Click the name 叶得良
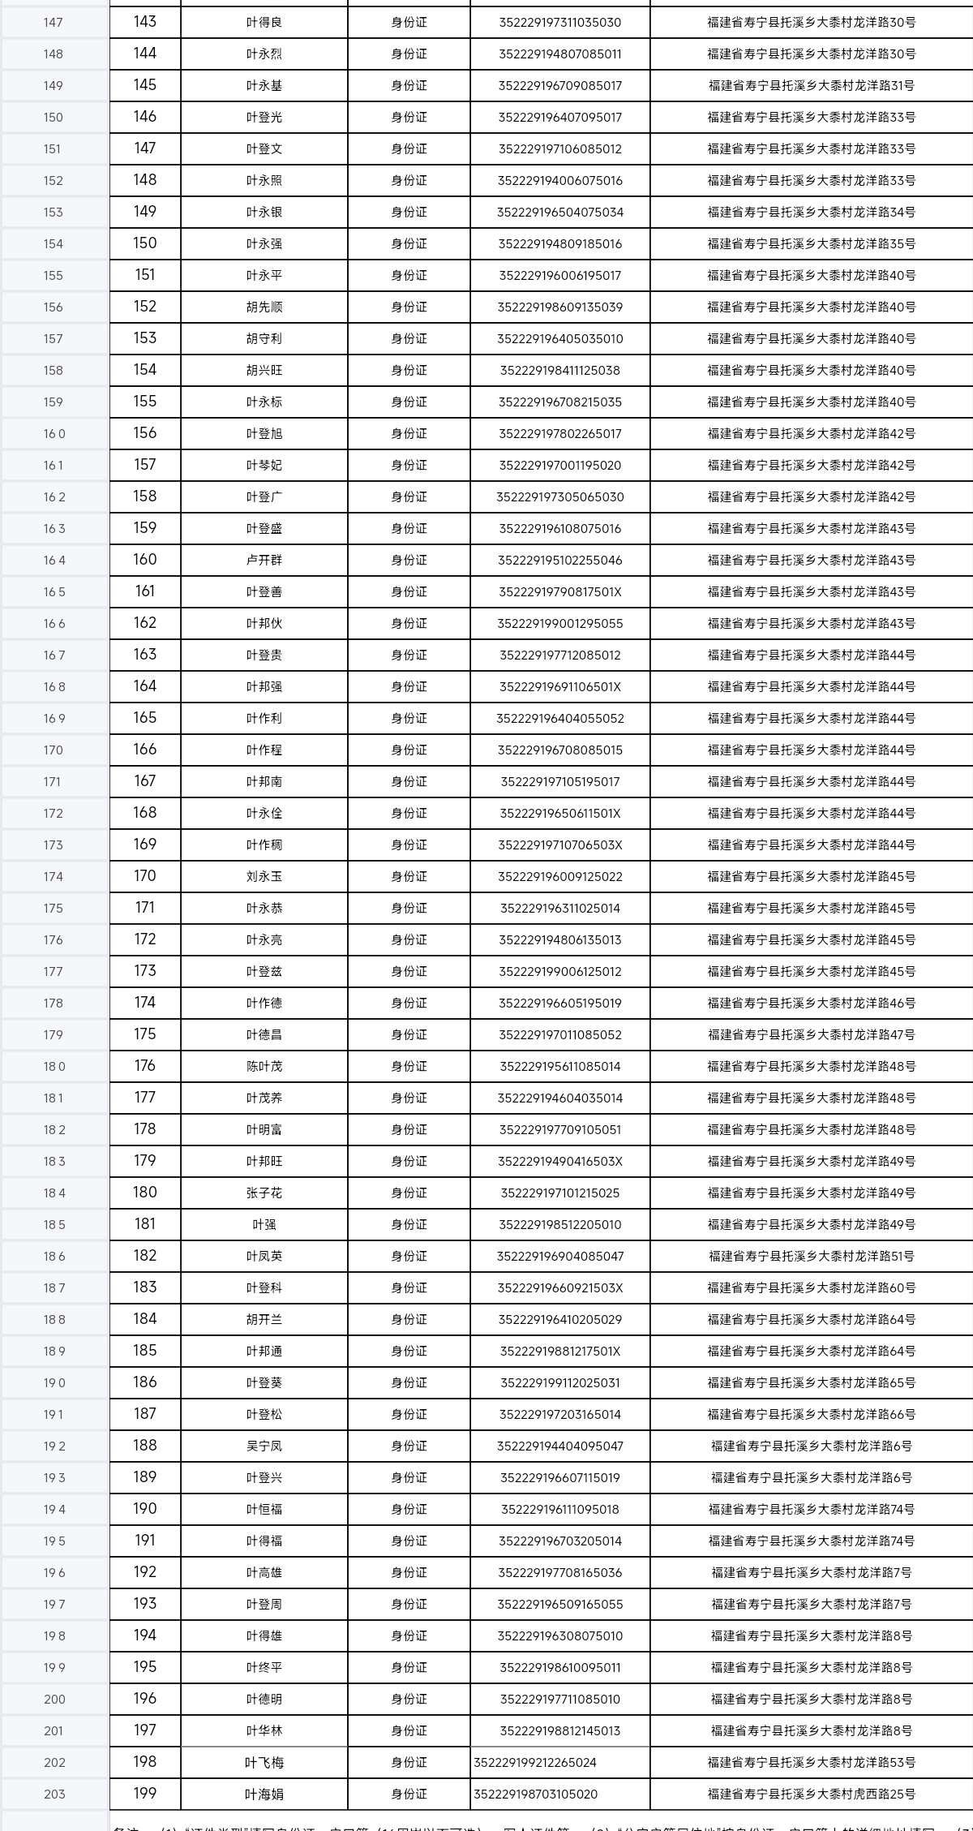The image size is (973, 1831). pyautogui.click(x=264, y=23)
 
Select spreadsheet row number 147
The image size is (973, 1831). pyautogui.click(x=54, y=23)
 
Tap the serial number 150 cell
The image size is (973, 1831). pyautogui.click(x=145, y=243)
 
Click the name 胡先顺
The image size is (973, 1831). pyautogui.click(x=264, y=307)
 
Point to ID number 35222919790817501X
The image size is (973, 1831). pyautogui.click(x=560, y=592)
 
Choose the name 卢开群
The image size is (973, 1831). pyautogui.click(x=264, y=561)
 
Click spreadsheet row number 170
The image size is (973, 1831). pyautogui.click(x=54, y=750)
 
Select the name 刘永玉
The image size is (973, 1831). pyautogui.click(x=264, y=877)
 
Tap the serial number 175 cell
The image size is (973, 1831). pyautogui.click(x=145, y=1034)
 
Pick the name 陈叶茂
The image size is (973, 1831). pyautogui.click(x=264, y=1067)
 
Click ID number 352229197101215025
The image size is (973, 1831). pyautogui.click(x=560, y=1193)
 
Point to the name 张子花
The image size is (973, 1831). pyautogui.click(x=264, y=1193)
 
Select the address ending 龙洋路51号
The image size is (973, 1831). pyautogui.click(x=812, y=1257)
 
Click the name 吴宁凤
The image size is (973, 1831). pyautogui.click(x=264, y=1446)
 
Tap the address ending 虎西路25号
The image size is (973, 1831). pyautogui.click(x=812, y=1794)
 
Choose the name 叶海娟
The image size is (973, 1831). pyautogui.click(x=264, y=1794)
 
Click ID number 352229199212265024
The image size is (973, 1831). pyautogui.click(x=535, y=1763)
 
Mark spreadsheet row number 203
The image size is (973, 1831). pyautogui.click(x=54, y=1794)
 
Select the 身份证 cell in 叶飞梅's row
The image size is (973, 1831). pyautogui.click(x=409, y=1763)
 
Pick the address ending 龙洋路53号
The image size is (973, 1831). pyautogui.click(x=812, y=1763)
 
